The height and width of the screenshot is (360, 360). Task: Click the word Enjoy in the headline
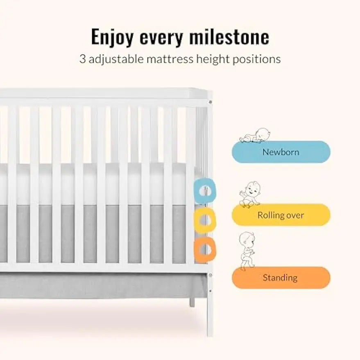click(113, 37)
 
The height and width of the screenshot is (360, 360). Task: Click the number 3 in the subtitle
click(82, 59)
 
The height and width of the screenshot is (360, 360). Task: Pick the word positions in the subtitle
click(256, 59)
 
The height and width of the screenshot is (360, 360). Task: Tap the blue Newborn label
click(281, 152)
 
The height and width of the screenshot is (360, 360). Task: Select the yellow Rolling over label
click(281, 215)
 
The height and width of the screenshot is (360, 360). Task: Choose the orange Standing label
click(281, 278)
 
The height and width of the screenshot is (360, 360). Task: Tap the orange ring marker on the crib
click(205, 249)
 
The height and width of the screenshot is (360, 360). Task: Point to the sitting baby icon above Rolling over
click(249, 195)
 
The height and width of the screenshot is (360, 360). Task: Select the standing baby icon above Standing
click(247, 250)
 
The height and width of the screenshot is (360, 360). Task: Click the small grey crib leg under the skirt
click(192, 302)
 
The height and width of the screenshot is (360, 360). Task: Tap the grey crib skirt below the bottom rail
click(102, 285)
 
